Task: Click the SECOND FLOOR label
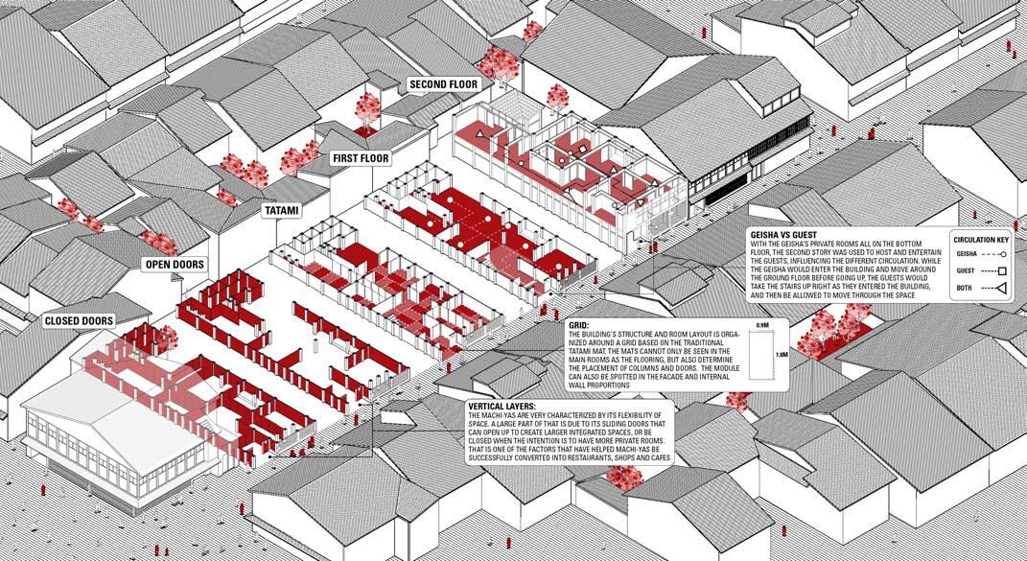tap(443, 84)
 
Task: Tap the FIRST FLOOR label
tap(361, 157)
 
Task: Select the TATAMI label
tap(282, 208)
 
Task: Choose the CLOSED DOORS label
tap(79, 320)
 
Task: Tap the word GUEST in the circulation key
tap(967, 270)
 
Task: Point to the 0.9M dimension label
tap(762, 327)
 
